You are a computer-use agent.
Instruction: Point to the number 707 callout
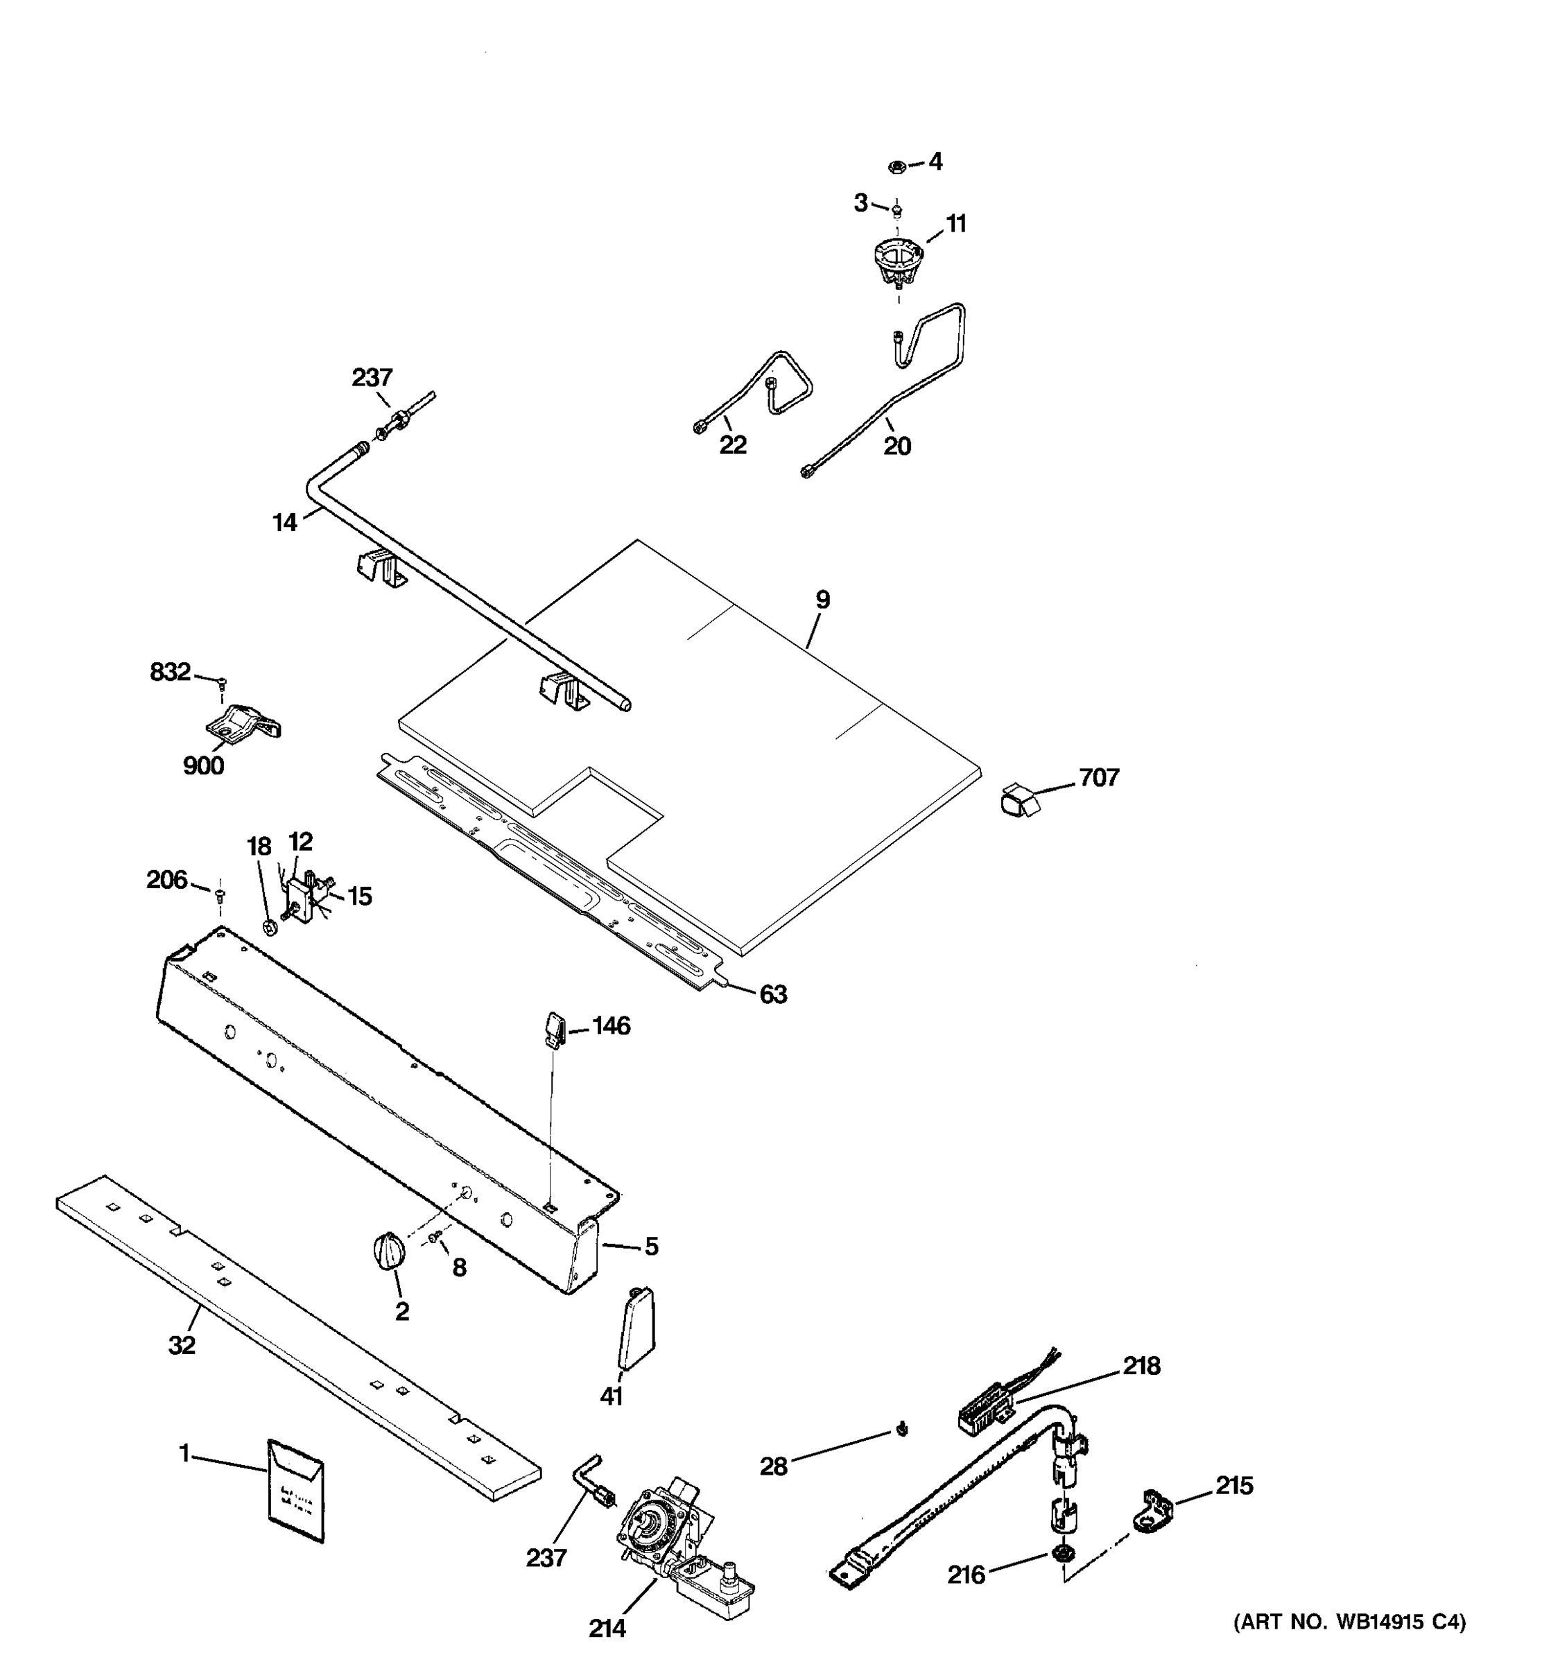(1099, 778)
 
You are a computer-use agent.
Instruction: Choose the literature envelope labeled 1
(295, 1491)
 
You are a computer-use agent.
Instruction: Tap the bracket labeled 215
(1152, 1512)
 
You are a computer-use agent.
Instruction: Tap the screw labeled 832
(222, 684)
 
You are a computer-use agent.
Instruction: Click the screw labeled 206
(220, 895)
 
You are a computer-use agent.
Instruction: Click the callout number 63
(772, 994)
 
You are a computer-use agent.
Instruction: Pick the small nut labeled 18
(270, 926)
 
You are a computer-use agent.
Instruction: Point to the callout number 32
(182, 1345)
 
